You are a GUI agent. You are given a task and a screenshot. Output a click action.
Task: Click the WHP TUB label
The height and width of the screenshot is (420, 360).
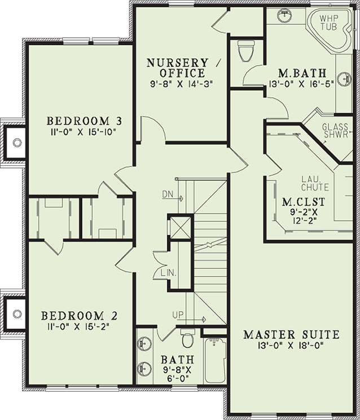coord(329,23)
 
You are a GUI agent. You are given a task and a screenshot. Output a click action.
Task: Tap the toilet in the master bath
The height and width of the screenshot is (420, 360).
coord(246,51)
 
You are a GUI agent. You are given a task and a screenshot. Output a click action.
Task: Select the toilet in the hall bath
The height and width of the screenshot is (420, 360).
coord(188,338)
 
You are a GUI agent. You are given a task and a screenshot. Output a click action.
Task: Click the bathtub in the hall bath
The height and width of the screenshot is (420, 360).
coord(215,360)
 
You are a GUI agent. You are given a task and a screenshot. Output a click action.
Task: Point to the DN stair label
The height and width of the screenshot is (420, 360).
coord(168,194)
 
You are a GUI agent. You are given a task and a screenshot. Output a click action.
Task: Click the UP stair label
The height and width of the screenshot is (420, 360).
coord(178,315)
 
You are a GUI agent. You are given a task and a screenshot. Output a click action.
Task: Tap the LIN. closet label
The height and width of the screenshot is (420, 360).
coord(169,273)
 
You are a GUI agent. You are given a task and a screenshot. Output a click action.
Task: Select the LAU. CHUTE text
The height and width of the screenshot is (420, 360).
coord(315,183)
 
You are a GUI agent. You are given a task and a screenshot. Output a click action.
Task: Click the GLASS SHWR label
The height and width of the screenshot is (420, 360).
coord(335,131)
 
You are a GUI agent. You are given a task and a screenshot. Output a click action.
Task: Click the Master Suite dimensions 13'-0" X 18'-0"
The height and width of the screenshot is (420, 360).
coord(291,346)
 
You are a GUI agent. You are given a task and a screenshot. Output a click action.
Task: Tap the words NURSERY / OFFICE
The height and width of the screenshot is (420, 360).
coord(182,68)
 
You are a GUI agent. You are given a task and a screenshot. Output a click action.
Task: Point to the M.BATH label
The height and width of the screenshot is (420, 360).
coord(302,73)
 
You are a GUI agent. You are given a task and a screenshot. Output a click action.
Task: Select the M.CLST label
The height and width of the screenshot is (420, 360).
coord(304,202)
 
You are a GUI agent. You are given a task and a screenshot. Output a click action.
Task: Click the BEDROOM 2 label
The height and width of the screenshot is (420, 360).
coord(80,316)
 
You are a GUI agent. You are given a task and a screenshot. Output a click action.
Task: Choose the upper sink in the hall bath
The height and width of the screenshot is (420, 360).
coord(144,343)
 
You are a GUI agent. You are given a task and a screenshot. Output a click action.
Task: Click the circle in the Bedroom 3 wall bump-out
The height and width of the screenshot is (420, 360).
coord(17,142)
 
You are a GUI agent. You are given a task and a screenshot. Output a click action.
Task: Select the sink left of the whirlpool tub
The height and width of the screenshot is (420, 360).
coord(284,16)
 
